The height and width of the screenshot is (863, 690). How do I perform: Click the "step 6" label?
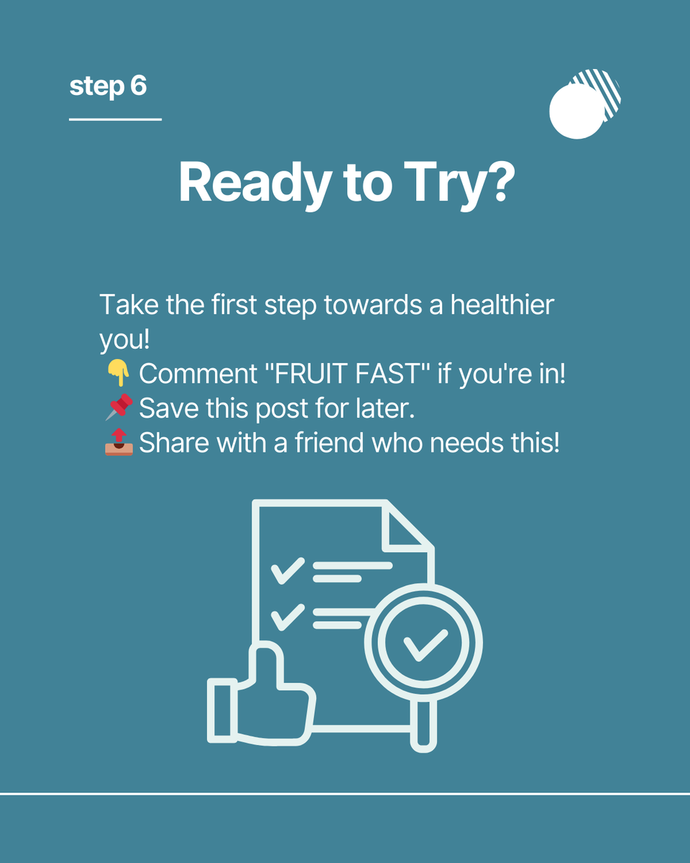108,86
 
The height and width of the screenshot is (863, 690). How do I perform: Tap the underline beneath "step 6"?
115,119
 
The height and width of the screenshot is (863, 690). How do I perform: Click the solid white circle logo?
576,111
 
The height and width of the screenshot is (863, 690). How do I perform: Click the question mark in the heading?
502,181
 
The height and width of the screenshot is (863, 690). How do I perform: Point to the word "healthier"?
502,305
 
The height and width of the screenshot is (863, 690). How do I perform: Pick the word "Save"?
169,408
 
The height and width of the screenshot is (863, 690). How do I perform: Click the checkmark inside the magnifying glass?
425,645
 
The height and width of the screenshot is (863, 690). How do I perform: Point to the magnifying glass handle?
423,725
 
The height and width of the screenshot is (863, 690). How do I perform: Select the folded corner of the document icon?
407,526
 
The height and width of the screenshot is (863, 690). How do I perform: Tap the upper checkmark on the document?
287,570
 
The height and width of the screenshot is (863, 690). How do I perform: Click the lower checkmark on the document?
287,618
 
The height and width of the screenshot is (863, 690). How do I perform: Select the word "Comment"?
198,374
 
